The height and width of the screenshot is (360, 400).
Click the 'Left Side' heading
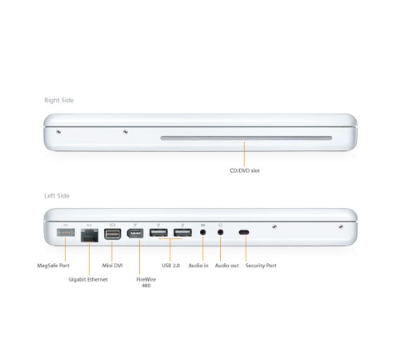[x=57, y=195]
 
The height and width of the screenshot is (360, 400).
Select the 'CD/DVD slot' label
[x=245, y=170]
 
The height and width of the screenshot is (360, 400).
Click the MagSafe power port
[x=66, y=234]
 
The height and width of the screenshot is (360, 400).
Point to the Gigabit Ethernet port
[x=88, y=234]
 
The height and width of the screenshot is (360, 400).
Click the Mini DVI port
[x=112, y=234]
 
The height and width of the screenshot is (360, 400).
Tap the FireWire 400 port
[x=135, y=234]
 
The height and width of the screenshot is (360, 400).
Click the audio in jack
[x=204, y=234]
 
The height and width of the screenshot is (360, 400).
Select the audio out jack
[x=220, y=234]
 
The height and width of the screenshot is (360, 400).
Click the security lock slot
[x=244, y=234]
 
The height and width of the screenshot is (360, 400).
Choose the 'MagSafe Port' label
[x=54, y=265]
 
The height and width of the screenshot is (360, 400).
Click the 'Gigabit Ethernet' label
[x=89, y=278]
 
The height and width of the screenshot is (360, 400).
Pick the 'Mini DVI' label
[x=114, y=265]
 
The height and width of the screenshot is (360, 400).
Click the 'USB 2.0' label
[x=171, y=265]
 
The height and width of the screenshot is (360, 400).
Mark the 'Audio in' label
[x=198, y=265]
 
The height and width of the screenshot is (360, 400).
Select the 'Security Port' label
[x=262, y=265]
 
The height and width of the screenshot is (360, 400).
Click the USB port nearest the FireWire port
[x=158, y=234]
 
